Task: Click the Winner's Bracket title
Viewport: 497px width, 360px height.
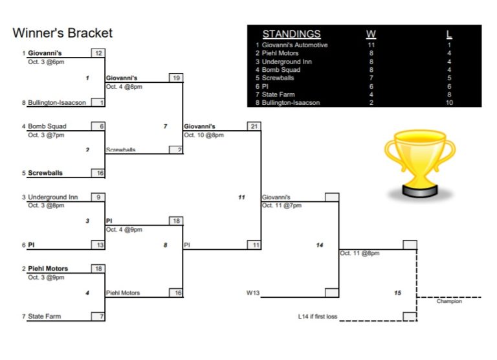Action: point(63,33)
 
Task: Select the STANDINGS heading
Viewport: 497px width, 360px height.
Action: point(291,34)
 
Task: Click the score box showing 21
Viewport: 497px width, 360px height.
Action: point(254,126)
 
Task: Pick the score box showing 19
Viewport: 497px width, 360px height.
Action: point(175,78)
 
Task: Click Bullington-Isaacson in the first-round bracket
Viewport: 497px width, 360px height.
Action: point(57,102)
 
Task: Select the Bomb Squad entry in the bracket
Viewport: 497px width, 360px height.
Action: point(47,126)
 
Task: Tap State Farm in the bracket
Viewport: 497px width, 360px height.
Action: point(45,317)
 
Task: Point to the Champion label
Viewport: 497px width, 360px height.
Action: point(449,301)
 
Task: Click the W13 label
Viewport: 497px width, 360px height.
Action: point(252,293)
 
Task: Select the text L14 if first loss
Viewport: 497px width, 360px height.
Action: point(318,317)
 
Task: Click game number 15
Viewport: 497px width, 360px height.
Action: point(397,293)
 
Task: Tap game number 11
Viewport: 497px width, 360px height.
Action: point(241,197)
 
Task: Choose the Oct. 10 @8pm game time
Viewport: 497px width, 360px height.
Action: point(204,135)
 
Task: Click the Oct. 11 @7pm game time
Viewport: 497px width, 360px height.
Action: point(282,205)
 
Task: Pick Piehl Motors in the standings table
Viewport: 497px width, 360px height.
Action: point(280,53)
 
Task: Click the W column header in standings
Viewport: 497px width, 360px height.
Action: point(371,34)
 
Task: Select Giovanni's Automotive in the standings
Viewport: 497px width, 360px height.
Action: point(294,45)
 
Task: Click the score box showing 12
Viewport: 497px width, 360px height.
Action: point(98,54)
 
